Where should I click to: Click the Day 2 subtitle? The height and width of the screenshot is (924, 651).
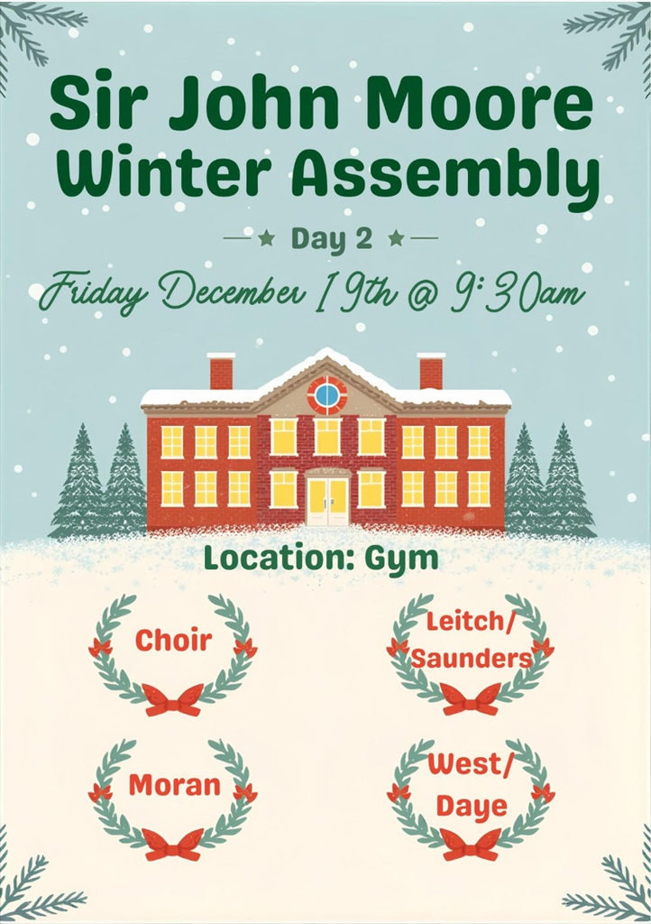coord(332,238)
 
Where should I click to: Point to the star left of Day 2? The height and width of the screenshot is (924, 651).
coord(267,238)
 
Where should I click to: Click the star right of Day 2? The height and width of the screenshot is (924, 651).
coord(396,238)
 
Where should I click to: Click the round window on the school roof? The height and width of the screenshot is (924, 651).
coord(326,395)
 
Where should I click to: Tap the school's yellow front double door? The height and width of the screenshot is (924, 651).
coord(329,502)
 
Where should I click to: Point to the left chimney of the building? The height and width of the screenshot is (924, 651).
coord(221,371)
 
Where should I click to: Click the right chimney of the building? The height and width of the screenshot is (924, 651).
coord(431,371)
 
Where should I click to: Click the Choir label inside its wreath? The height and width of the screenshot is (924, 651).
coord(173,640)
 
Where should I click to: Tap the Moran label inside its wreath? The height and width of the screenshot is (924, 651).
coord(174,785)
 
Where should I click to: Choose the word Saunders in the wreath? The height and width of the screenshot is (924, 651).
coord(471,658)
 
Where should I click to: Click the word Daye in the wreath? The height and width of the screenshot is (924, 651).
coord(472,806)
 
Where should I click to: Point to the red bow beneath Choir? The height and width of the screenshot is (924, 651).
coord(174,699)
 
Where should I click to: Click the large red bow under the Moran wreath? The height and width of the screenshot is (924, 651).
coord(173,844)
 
